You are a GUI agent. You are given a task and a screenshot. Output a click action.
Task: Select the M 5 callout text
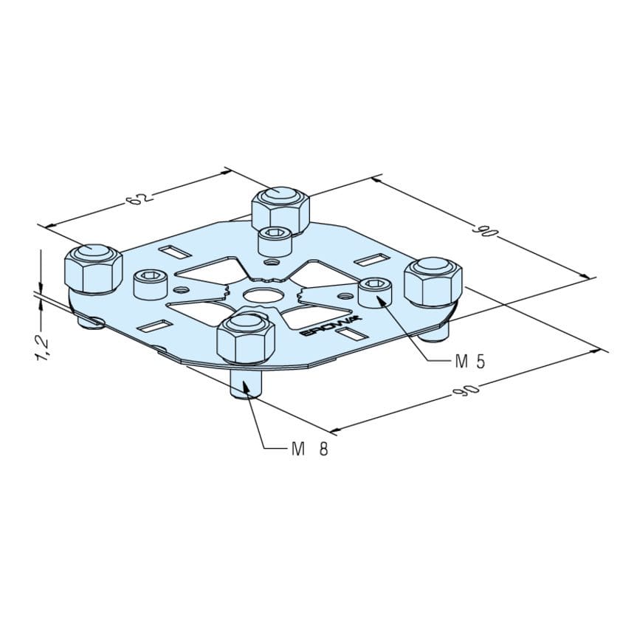[x=469, y=361]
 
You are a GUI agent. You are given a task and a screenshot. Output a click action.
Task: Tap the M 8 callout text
[x=309, y=448]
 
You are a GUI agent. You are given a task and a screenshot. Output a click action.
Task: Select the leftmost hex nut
[x=93, y=270]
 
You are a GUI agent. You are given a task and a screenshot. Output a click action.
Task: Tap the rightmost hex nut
[x=433, y=282]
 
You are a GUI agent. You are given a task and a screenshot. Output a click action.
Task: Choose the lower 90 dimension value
[x=468, y=390]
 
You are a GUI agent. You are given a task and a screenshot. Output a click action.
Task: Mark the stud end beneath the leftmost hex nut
[x=91, y=321]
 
